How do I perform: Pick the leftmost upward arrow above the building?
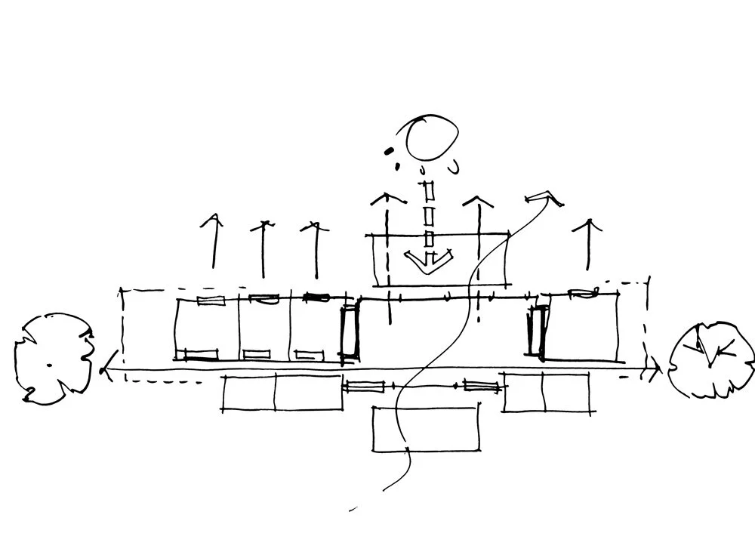coord(214,242)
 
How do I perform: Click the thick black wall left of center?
coord(350,331)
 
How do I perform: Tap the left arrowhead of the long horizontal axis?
coord(107,367)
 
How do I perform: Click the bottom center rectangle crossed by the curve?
coord(427,429)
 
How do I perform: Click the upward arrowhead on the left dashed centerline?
coord(387,199)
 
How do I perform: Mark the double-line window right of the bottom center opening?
coord(481,387)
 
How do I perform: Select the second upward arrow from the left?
coord(263,245)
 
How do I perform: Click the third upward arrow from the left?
coord(313,245)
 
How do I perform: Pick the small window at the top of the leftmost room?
coord(211,301)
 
